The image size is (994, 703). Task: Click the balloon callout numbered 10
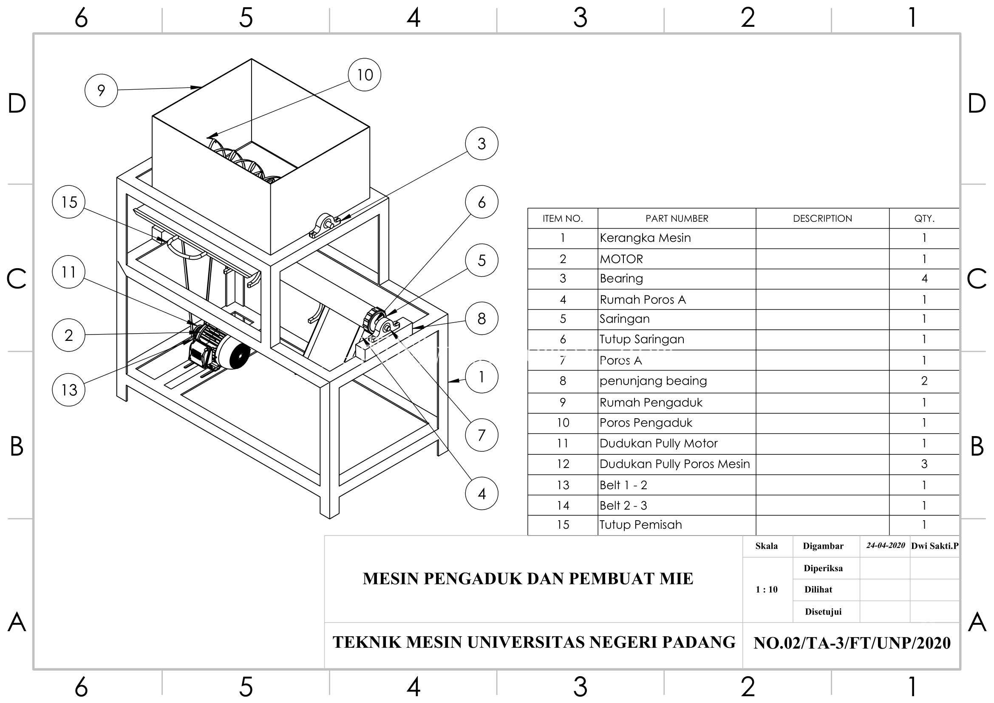(x=365, y=75)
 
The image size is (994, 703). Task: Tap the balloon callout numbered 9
(x=101, y=91)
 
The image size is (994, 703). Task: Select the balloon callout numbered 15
(x=69, y=202)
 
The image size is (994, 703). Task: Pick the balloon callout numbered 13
(x=69, y=390)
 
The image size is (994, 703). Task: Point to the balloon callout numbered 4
(x=481, y=493)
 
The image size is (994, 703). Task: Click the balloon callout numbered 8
(x=481, y=319)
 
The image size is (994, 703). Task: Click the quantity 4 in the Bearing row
(x=924, y=278)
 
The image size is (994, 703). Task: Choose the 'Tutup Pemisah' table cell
(x=640, y=524)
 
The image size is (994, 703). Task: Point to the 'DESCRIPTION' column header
(x=822, y=218)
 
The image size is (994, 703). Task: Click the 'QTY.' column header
(x=924, y=218)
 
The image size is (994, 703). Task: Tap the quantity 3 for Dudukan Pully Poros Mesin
(x=924, y=464)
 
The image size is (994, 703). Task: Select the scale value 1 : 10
(x=766, y=589)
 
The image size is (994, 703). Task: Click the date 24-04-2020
(x=885, y=545)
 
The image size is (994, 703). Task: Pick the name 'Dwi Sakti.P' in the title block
(x=935, y=546)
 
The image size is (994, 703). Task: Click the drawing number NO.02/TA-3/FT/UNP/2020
(x=852, y=643)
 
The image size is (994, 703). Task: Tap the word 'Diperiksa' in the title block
(x=823, y=568)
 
